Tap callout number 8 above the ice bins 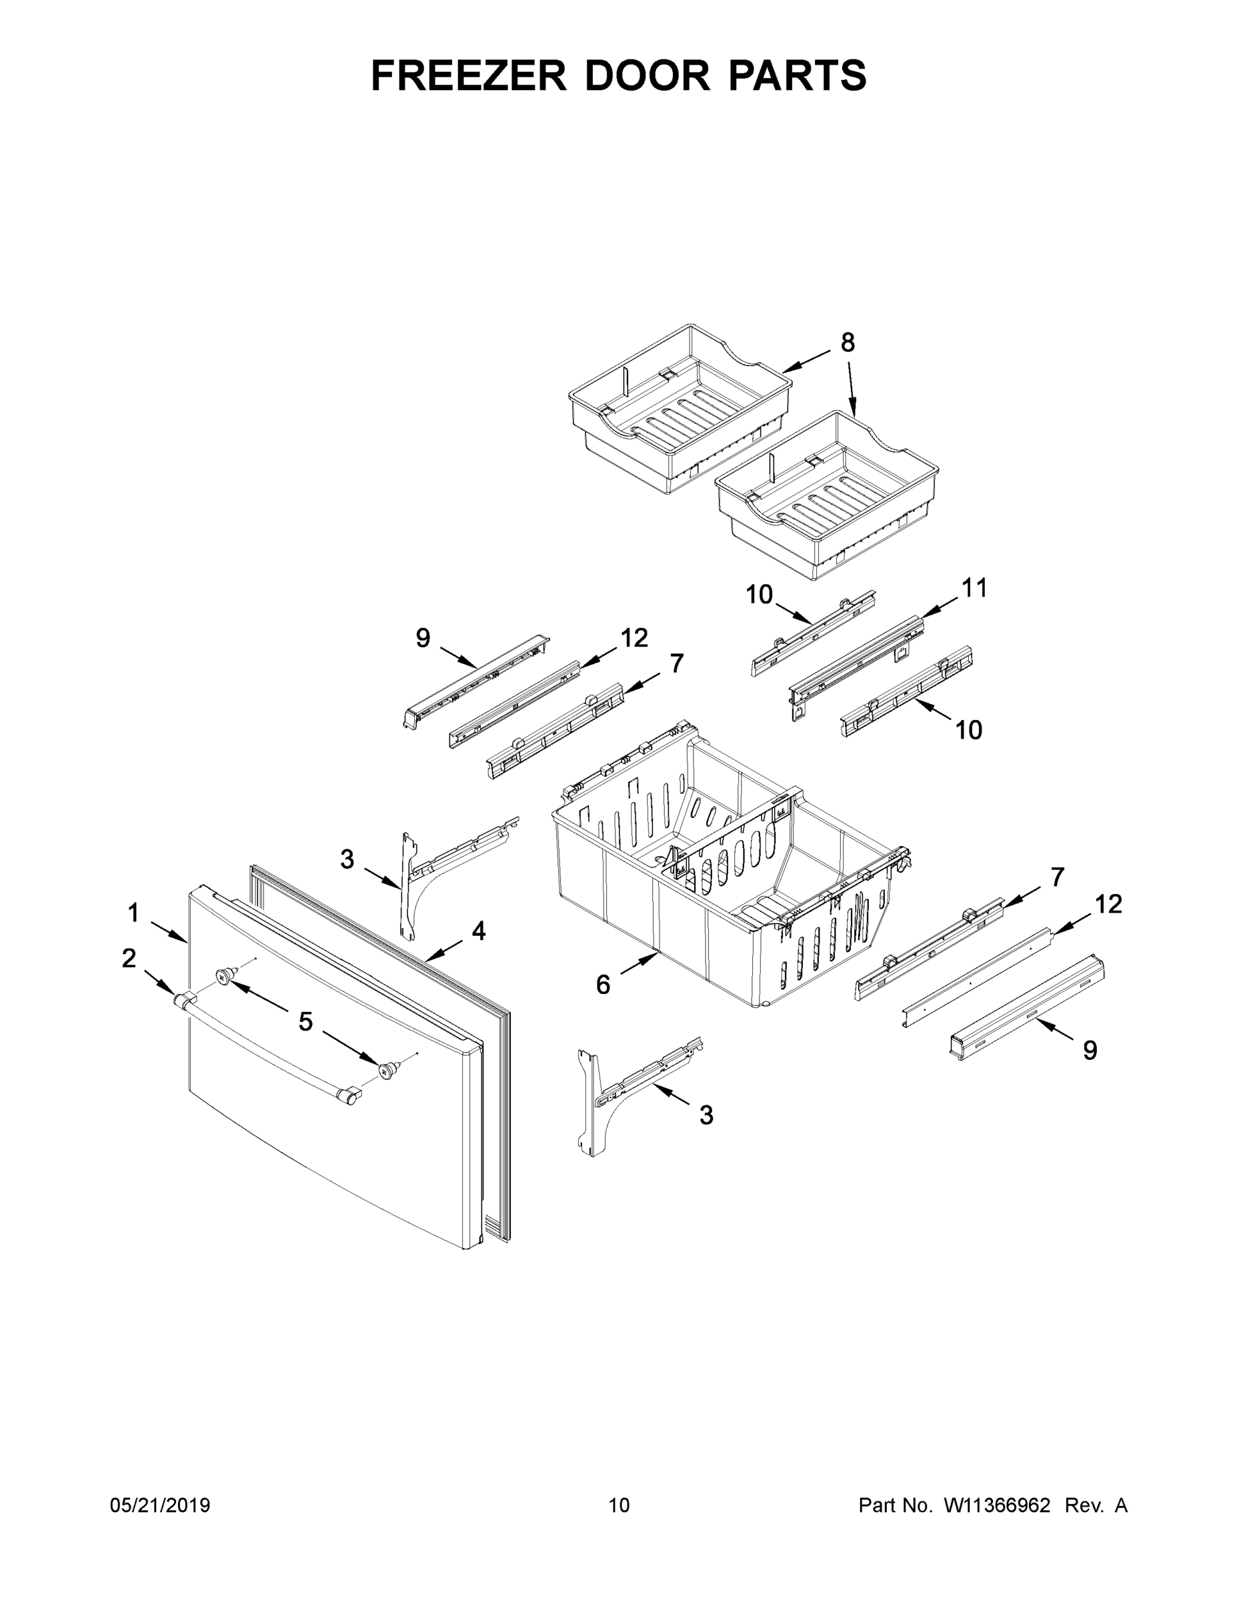847,342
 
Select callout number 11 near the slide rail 974,587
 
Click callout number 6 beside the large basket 602,985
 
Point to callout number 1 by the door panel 133,913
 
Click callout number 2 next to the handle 129,958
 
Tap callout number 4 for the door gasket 478,931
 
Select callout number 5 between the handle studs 305,1021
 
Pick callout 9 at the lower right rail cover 1090,1051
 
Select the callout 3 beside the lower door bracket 706,1115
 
